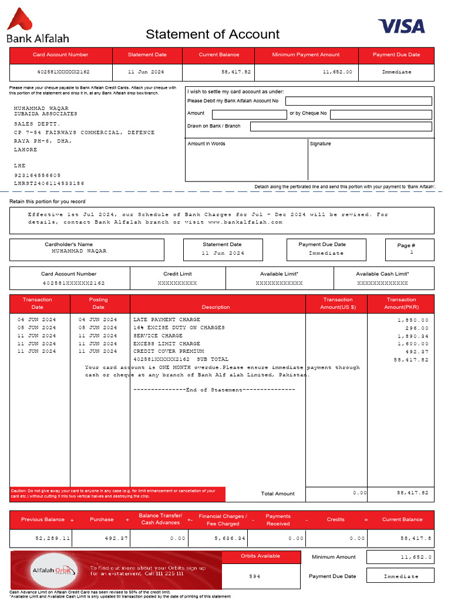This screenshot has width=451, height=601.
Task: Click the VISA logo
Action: point(401,26)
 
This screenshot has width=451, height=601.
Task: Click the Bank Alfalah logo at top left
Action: point(37,26)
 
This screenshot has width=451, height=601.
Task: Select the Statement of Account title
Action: point(213,34)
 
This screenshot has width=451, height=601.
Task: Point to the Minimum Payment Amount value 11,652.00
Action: point(338,72)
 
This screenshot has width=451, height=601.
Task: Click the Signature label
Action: point(320,144)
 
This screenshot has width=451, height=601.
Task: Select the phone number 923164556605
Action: point(38,175)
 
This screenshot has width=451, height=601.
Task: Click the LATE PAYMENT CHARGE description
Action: point(167,320)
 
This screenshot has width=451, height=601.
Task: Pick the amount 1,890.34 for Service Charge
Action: point(413,336)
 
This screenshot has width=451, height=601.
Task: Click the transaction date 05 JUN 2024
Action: point(37,327)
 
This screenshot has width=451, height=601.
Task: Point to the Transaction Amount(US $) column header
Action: point(338,303)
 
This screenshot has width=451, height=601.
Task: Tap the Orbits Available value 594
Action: point(254,576)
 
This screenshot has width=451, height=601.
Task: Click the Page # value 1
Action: point(412,252)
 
